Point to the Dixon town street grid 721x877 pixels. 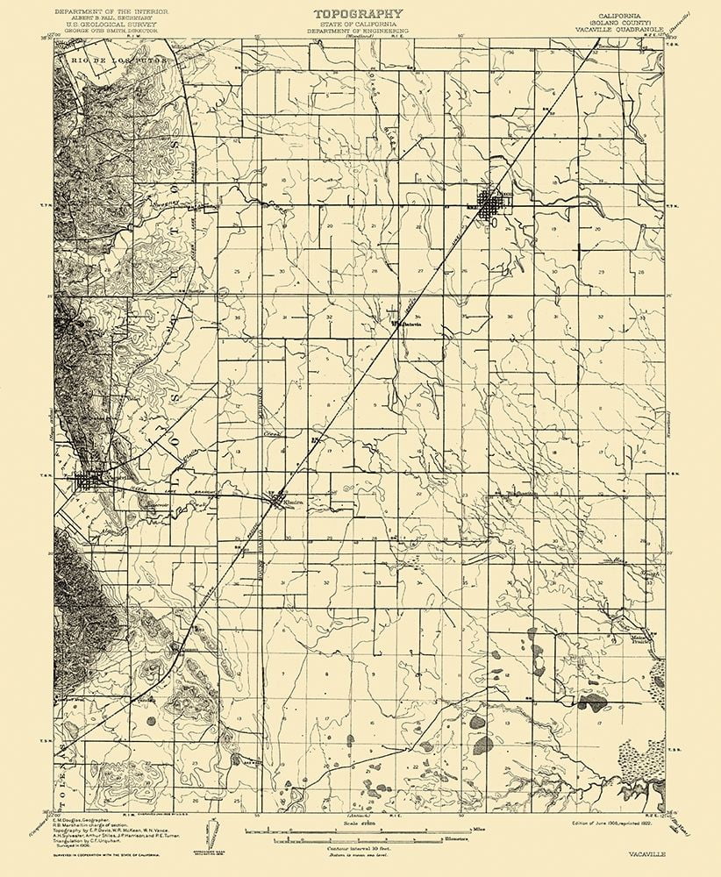(489, 206)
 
